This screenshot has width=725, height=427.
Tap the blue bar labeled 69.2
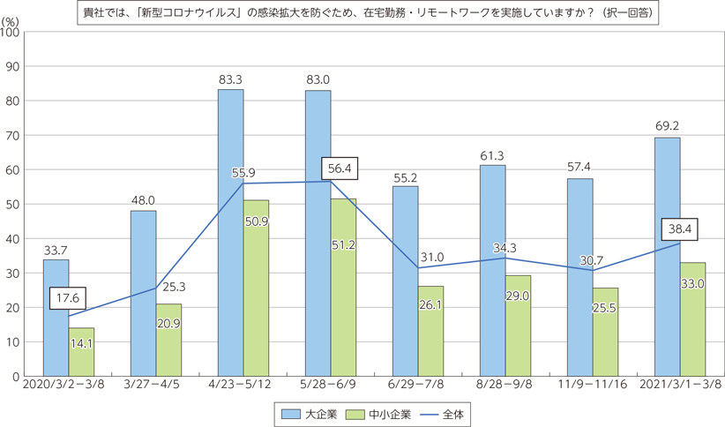[x=667, y=257]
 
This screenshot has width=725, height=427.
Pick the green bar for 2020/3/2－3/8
[x=81, y=352]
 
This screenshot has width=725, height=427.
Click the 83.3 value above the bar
[x=230, y=79]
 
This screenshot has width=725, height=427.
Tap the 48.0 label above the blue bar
[x=144, y=200]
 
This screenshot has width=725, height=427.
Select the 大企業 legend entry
[x=303, y=411]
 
